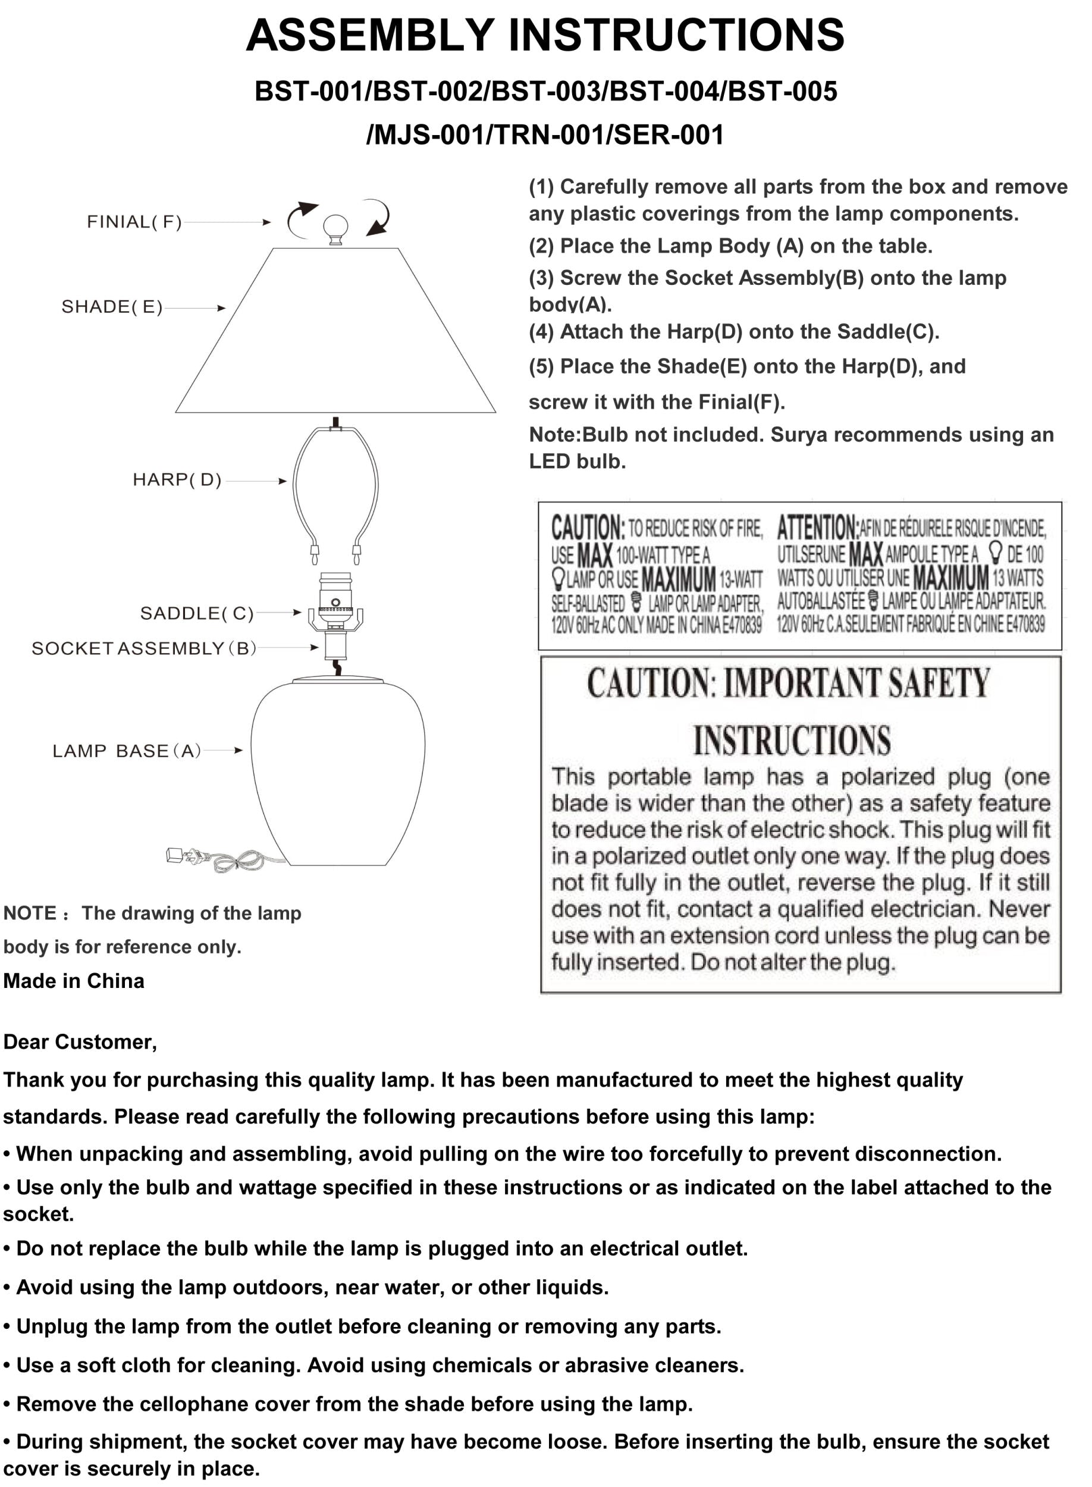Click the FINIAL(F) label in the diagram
[134, 222]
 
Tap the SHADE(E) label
[112, 308]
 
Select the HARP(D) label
[177, 480]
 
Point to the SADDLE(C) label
[197, 614]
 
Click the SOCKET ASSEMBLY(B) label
[144, 649]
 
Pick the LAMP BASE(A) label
[127, 751]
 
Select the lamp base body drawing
[338, 773]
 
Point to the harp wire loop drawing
[336, 489]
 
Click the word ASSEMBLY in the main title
[370, 36]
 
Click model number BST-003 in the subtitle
[546, 92]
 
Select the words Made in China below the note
[74, 981]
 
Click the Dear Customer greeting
[80, 1042]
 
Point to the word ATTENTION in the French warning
[817, 528]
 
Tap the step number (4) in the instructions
[541, 332]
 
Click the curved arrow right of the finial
[378, 217]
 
